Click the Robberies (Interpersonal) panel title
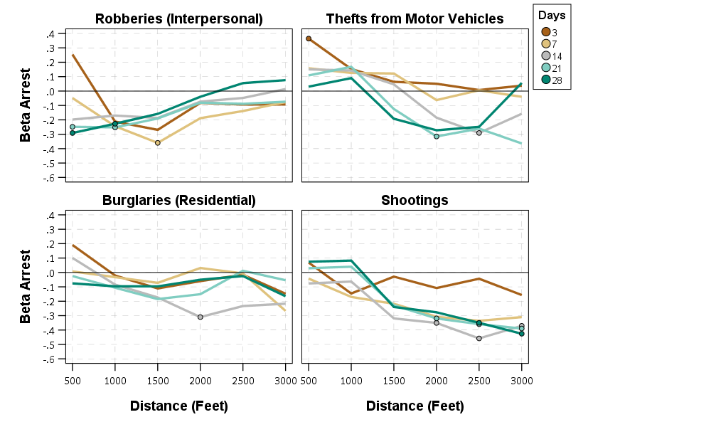(178, 19)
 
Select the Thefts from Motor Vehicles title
(415, 19)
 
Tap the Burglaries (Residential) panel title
(178, 201)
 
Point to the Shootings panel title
(415, 201)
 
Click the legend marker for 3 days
(546, 31)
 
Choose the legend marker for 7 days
(546, 43)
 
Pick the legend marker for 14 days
(546, 56)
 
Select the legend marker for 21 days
(546, 68)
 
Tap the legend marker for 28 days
(546, 80)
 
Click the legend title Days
(552, 16)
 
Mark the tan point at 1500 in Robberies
(158, 143)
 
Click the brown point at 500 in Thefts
(309, 38)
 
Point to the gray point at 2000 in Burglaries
(201, 317)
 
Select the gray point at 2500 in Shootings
(479, 338)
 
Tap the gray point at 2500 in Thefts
(479, 133)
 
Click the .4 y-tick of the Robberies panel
(50, 34)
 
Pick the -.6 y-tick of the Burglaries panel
(49, 359)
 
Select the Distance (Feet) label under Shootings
(415, 406)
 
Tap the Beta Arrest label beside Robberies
(26, 105)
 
